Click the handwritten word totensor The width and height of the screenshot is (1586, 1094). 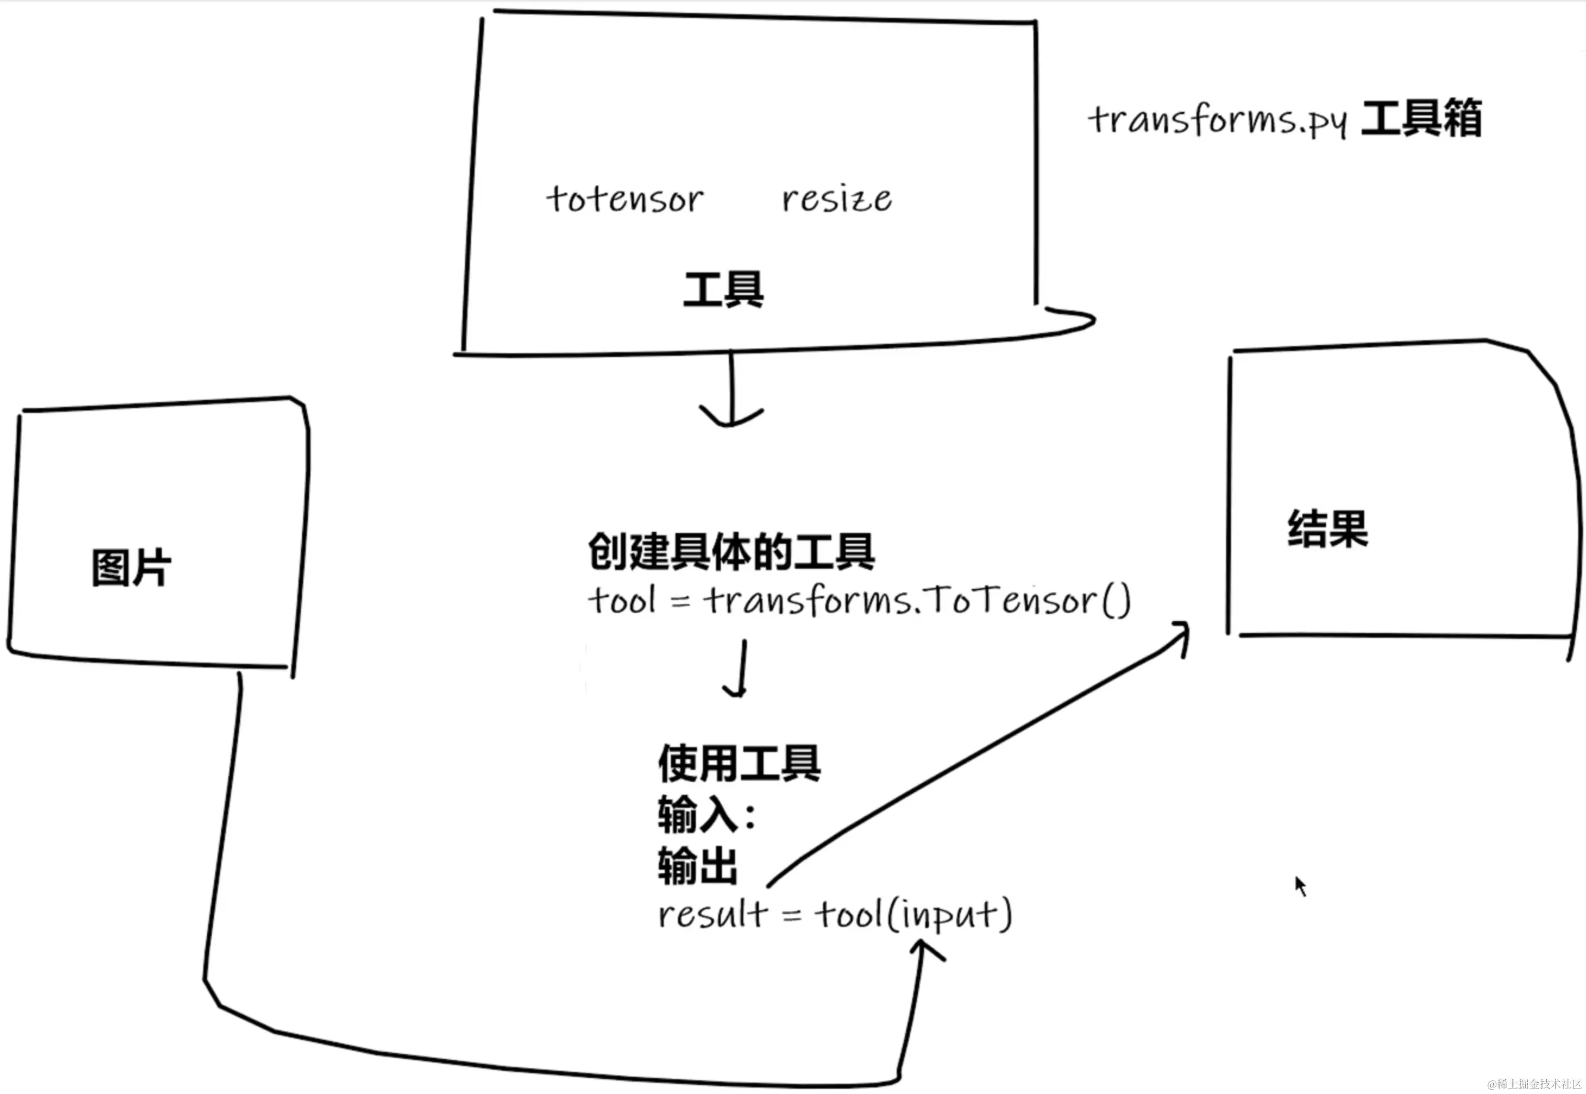pos(624,199)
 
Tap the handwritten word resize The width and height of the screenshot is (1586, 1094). pos(837,199)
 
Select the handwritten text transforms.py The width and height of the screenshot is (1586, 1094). pos(1217,121)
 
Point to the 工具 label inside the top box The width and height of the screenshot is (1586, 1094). pos(724,290)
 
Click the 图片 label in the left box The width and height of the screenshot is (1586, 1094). pos(131,568)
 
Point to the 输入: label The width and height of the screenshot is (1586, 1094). pos(706,815)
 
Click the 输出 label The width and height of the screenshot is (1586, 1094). pos(698,866)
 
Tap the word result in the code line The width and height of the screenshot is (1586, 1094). pos(712,914)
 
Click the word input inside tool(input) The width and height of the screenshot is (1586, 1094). pos(949,915)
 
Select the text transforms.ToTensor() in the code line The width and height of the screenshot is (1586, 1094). pos(916,600)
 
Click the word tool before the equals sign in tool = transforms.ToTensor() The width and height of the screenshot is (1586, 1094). pos(621,600)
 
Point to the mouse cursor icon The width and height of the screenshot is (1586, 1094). pos(1301,886)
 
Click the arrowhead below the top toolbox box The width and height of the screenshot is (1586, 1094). pos(730,416)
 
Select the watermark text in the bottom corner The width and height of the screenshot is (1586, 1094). pos(1535,1084)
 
